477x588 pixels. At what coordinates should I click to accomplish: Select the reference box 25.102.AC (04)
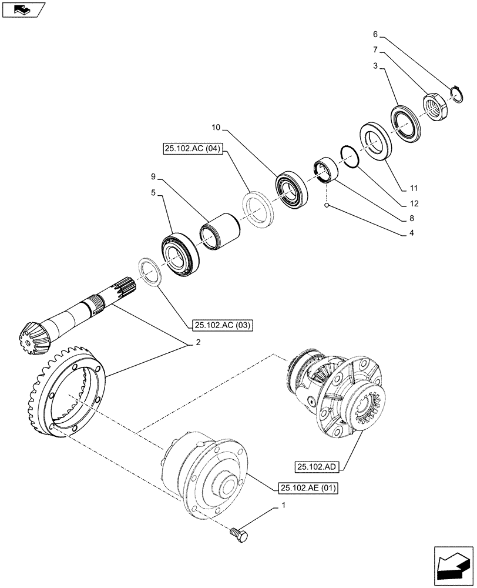(x=190, y=149)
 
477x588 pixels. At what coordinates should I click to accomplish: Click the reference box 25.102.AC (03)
(x=221, y=325)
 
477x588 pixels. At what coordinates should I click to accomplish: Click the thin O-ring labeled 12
(x=348, y=158)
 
